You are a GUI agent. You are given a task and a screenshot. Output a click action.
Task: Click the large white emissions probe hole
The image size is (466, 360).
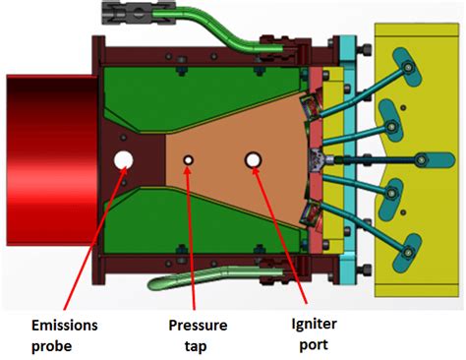[x=123, y=160]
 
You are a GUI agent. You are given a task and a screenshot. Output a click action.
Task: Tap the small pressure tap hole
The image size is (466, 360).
[x=188, y=160]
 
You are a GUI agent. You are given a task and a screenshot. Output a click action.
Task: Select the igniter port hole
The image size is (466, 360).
[x=253, y=160]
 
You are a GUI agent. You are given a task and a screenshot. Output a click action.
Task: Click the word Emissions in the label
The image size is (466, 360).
[x=65, y=326]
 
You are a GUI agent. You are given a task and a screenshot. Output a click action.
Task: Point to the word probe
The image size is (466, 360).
[x=51, y=346]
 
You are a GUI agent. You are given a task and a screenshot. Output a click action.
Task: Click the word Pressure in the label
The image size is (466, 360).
[x=198, y=326]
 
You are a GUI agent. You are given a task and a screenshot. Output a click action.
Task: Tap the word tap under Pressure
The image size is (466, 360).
[x=196, y=346]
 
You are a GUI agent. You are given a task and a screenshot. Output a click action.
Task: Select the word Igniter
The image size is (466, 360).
[x=315, y=325]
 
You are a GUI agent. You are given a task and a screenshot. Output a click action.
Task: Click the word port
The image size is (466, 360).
[x=314, y=345]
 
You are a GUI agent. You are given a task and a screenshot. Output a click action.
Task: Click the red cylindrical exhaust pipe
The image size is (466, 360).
[x=52, y=160]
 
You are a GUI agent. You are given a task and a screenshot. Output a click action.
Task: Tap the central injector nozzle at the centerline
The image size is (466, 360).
[x=318, y=160]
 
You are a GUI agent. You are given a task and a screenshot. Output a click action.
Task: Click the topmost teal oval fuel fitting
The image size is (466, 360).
[x=407, y=67]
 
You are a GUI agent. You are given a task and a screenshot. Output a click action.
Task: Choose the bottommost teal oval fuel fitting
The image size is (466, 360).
[x=407, y=253]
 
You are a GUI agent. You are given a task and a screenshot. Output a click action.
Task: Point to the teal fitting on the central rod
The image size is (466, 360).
[x=435, y=160]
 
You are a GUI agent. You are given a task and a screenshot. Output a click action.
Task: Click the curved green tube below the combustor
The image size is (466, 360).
[x=214, y=276]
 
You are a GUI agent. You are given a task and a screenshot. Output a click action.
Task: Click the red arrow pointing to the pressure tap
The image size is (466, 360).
[x=191, y=238]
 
